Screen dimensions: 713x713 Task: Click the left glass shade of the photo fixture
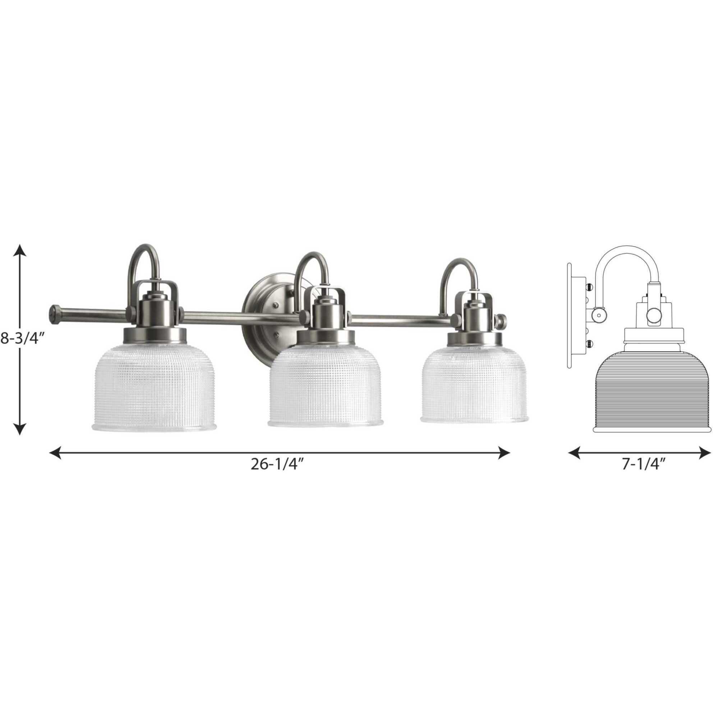[154, 390]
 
